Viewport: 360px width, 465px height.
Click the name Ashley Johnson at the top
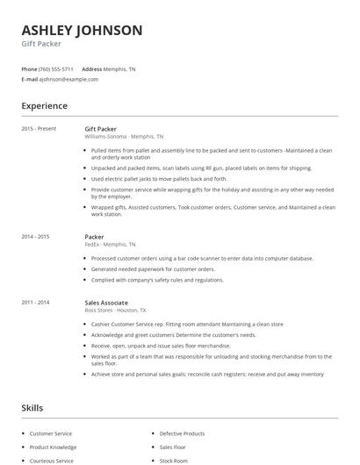click(82, 31)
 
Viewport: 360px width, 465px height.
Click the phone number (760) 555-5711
click(56, 68)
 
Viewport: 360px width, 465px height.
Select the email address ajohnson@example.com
click(68, 79)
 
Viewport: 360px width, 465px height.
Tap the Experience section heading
click(45, 106)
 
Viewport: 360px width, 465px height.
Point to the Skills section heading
click(32, 408)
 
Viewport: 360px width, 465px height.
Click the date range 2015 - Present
click(39, 129)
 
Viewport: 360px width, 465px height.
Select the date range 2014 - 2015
click(36, 237)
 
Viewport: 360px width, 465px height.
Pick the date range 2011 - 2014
click(36, 302)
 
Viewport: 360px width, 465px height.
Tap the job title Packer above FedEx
click(94, 237)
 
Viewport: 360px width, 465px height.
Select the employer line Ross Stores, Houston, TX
click(115, 310)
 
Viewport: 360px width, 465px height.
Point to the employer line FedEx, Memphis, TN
click(110, 245)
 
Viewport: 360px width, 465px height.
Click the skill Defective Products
click(182, 433)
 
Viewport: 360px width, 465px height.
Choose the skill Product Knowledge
click(53, 447)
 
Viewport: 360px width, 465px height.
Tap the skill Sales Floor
click(174, 447)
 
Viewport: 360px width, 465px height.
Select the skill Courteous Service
click(52, 460)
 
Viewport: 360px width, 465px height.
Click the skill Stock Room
click(174, 460)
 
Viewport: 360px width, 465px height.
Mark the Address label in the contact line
click(92, 68)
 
